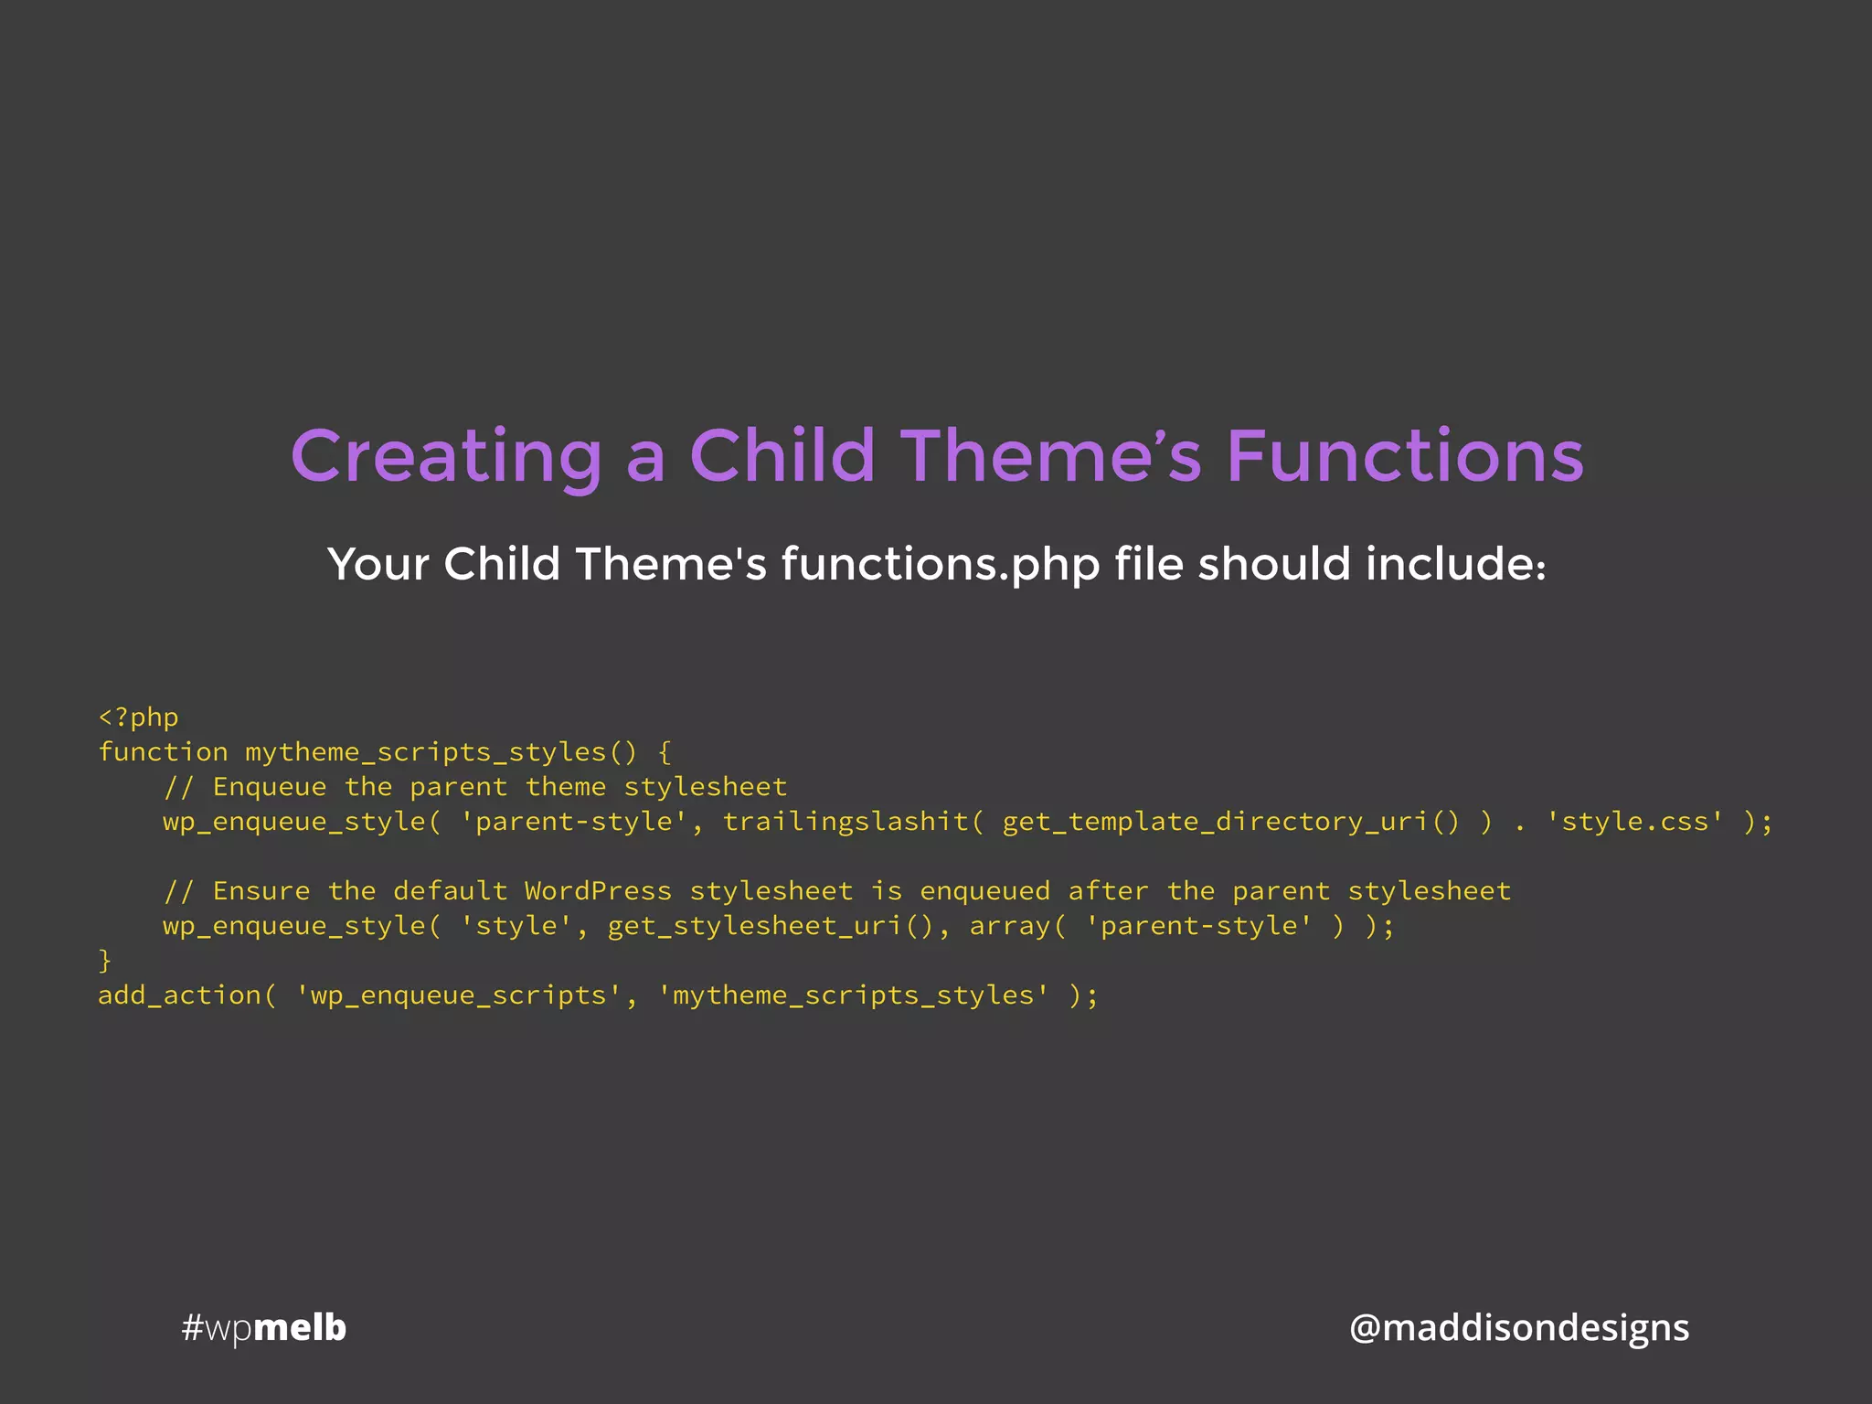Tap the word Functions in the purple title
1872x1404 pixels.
[x=1404, y=456]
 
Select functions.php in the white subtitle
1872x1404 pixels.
[x=941, y=564]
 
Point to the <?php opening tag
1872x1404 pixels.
[x=138, y=718]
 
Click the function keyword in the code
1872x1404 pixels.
[x=163, y=752]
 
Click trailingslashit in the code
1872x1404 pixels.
[x=846, y=822]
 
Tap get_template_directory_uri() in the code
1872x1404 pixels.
[x=1230, y=822]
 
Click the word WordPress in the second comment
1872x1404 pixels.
[x=598, y=891]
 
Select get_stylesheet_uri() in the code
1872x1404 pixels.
[x=771, y=926]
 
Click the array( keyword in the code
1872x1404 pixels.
[x=1017, y=926]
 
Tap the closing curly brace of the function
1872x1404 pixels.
[x=105, y=961]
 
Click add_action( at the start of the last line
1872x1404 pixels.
[x=186, y=995]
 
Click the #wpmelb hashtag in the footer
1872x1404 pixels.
[x=264, y=1328]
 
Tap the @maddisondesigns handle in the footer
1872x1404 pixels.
[x=1518, y=1328]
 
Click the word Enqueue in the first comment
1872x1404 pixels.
[x=269, y=787]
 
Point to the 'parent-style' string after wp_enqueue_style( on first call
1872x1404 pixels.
[x=573, y=822]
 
